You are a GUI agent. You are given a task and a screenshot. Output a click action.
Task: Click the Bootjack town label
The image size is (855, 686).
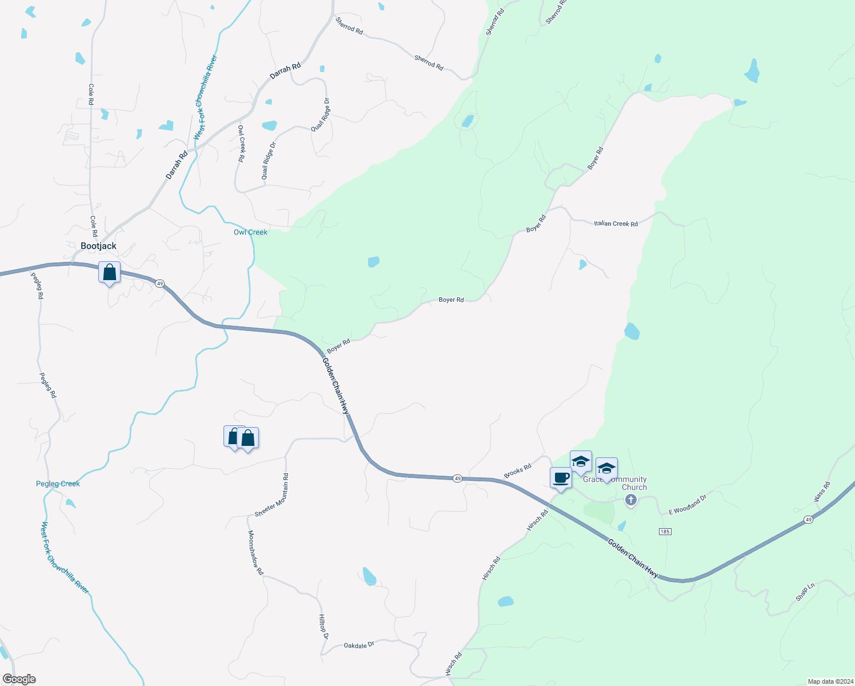(98, 246)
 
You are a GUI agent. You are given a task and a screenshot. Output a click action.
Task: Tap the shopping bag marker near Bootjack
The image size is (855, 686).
(109, 273)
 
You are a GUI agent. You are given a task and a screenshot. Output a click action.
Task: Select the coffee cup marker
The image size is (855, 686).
(561, 478)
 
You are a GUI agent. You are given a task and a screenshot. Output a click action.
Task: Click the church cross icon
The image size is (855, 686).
(630, 500)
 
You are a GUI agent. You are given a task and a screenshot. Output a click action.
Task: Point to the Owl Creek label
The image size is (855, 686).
(250, 232)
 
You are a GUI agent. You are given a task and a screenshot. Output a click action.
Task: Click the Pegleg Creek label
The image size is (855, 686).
(58, 484)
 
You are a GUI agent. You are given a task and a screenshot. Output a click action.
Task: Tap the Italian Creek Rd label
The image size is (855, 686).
(616, 224)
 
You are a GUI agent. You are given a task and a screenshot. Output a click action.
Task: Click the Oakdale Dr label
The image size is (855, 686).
(359, 645)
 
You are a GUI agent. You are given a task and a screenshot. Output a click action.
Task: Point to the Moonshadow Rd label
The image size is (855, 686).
(255, 552)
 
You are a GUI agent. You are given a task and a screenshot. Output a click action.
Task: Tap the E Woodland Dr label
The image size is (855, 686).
(688, 505)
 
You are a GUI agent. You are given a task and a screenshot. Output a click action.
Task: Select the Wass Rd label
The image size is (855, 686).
(822, 492)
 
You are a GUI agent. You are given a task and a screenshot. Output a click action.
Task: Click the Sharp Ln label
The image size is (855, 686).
(805, 592)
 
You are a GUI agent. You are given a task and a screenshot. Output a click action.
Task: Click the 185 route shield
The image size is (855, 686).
(664, 532)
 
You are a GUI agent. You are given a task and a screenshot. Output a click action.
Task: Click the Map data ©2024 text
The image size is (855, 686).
(828, 681)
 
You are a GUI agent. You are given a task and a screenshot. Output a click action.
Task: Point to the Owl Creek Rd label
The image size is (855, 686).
(241, 143)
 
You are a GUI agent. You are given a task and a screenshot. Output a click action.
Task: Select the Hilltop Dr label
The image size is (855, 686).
(323, 627)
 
